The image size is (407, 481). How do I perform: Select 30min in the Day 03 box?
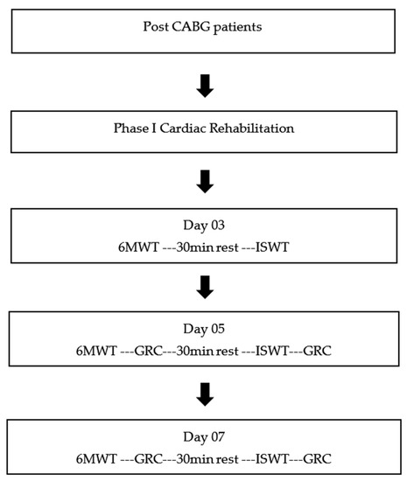(187, 247)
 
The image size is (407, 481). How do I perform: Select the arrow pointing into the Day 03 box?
(204, 180)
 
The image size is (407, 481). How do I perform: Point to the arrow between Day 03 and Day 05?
(204, 286)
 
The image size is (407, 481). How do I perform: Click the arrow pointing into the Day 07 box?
(204, 393)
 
